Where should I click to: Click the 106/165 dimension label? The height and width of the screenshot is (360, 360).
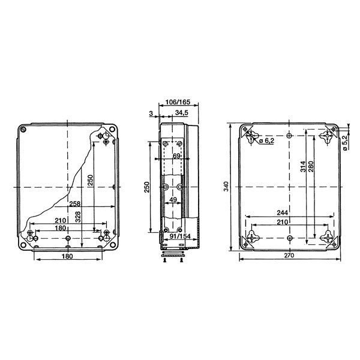[x=178, y=101]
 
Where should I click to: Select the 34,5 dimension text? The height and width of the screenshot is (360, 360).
[x=182, y=113]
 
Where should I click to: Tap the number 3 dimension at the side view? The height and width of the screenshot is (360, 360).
[x=151, y=113]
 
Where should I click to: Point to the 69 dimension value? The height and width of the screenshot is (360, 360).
[x=176, y=156]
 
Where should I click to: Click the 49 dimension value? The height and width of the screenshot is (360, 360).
[x=173, y=200]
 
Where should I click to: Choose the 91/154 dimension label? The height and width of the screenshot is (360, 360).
[x=180, y=236]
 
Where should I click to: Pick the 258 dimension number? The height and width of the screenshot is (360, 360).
[x=75, y=203]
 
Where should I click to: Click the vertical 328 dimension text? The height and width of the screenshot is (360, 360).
[x=78, y=217]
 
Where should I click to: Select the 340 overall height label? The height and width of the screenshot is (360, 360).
[x=226, y=186]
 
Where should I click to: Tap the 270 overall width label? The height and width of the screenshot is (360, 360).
[x=289, y=256]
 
